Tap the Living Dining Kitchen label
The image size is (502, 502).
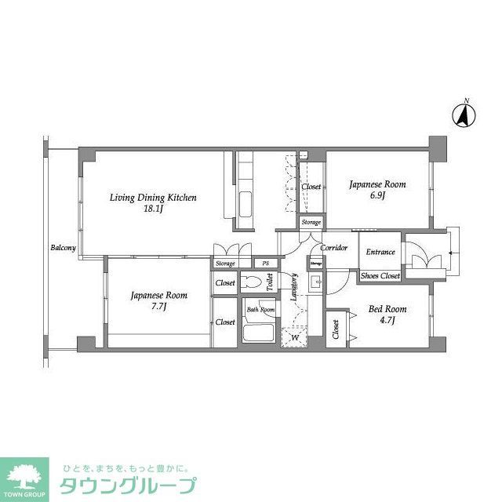(153, 198)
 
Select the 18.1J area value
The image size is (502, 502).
(153, 209)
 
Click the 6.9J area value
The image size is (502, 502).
(377, 196)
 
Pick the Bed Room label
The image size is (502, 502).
(387, 308)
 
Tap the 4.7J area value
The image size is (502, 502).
(387, 320)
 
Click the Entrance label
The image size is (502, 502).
(380, 252)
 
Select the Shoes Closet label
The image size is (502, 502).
(380, 276)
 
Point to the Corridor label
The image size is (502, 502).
(334, 248)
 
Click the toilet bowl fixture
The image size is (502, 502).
(253, 282)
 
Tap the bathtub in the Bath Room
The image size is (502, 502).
(256, 332)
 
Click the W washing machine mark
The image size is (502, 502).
(295, 338)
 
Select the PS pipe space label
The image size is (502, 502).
(265, 264)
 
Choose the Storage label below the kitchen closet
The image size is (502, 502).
(311, 223)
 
